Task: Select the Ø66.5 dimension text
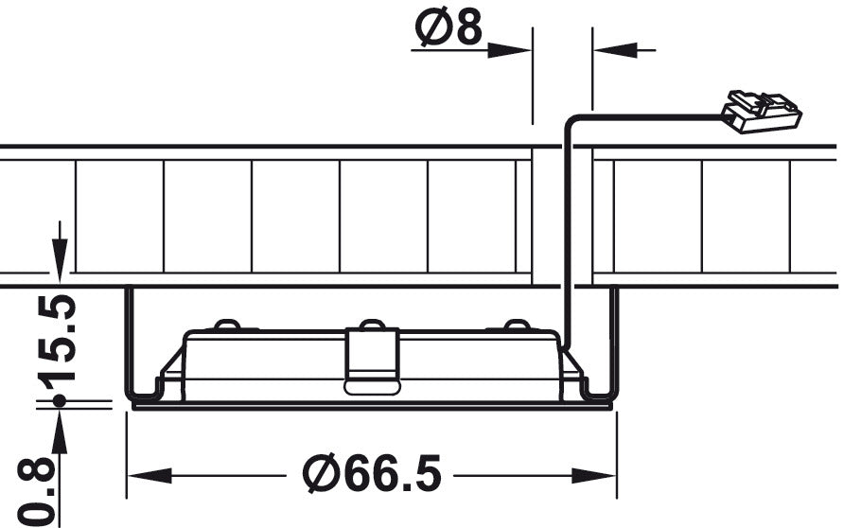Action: coord(372,474)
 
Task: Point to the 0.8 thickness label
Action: coord(37,492)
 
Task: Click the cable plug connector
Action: coord(761,112)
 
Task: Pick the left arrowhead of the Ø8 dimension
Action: coord(510,50)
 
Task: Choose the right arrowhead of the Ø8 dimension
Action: coord(615,50)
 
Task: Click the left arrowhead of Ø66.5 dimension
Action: coord(149,476)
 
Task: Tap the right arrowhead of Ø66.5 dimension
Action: coord(593,476)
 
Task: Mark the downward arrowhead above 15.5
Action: coord(60,259)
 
